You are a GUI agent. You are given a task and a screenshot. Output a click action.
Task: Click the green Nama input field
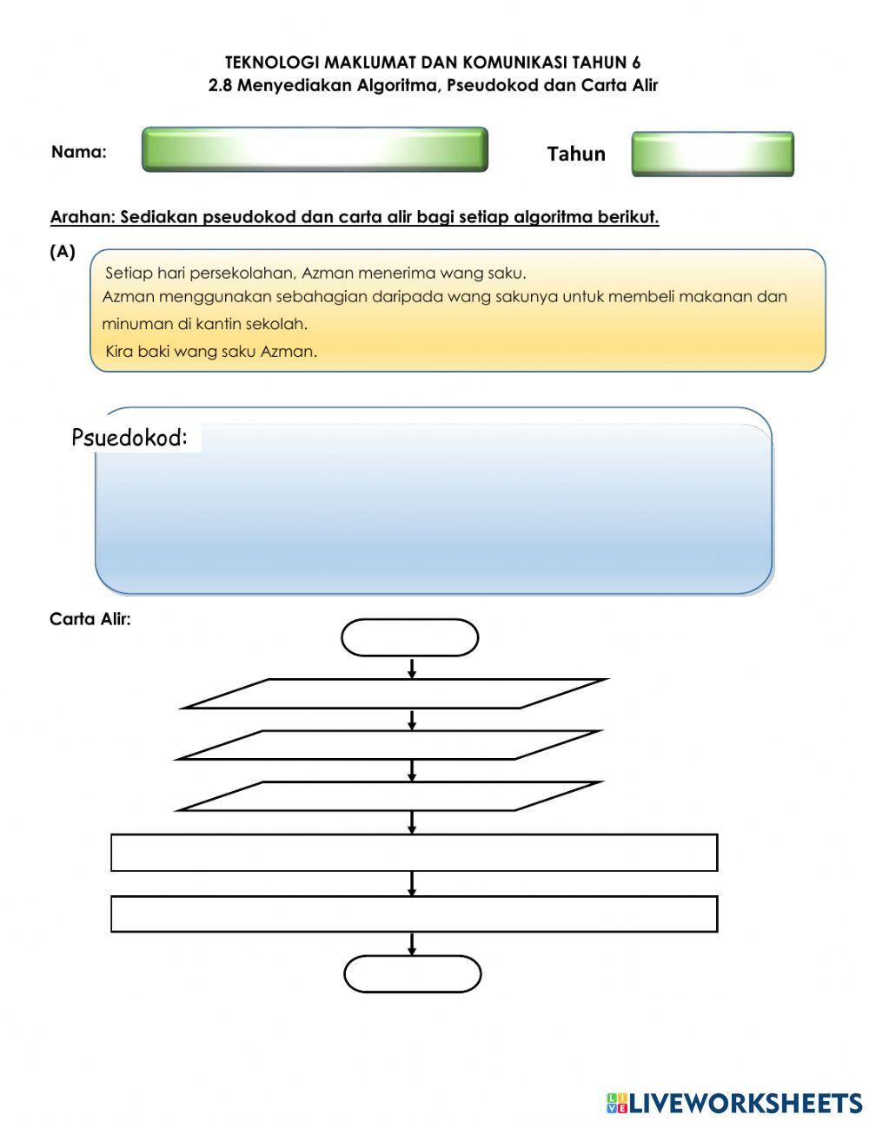coord(315,149)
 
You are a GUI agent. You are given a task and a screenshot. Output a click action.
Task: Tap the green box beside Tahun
coord(712,154)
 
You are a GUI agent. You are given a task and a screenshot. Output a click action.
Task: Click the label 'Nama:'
coord(79,152)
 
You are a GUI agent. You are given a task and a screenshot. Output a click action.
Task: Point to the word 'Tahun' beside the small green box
coord(575,154)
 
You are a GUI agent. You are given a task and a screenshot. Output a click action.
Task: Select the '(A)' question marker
coord(63,252)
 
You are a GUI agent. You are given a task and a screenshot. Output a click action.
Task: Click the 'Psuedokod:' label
coord(129,438)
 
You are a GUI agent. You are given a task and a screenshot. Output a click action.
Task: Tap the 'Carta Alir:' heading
coord(90,619)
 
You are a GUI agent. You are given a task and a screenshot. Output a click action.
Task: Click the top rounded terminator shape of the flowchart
coord(409,637)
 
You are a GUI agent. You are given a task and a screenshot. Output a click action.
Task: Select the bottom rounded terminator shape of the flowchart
coord(412,973)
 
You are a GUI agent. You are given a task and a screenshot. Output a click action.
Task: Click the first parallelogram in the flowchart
coord(395,693)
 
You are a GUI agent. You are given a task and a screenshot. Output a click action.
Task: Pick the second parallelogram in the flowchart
coord(388,744)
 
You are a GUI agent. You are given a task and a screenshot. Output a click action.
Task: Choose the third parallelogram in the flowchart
coord(388,795)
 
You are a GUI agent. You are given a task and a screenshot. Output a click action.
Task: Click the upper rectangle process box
coord(414,852)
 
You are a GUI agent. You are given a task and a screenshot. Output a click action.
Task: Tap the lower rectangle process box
coord(414,913)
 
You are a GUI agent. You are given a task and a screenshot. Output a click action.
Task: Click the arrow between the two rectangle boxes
coord(412,883)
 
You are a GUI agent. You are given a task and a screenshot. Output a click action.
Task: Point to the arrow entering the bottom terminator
coord(412,944)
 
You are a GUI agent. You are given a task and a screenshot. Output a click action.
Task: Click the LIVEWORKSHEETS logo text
coord(744,1103)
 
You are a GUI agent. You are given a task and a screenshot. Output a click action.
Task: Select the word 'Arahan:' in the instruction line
coord(83,217)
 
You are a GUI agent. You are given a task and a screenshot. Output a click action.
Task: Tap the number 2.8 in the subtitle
coord(221,85)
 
